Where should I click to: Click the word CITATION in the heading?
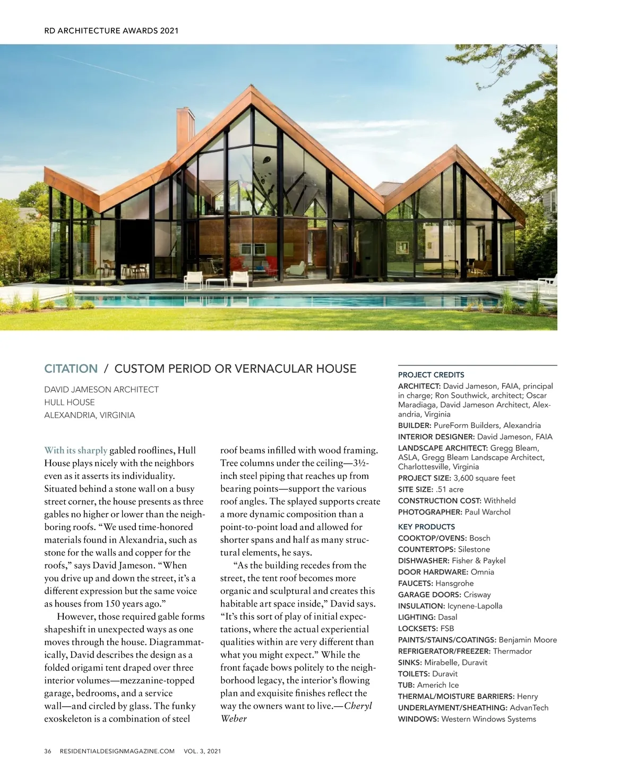pyautogui.click(x=71, y=369)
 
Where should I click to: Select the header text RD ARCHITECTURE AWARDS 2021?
pyautogui.click(x=111, y=30)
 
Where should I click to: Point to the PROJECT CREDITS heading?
pyautogui.click(x=431, y=375)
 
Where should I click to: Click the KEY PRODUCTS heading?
pyautogui.click(x=426, y=527)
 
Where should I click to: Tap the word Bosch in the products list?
pyautogui.click(x=480, y=538)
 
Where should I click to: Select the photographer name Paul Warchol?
pyautogui.click(x=487, y=512)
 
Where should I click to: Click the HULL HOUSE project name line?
pyautogui.click(x=70, y=402)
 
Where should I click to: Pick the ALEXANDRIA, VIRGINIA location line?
pyautogui.click(x=90, y=415)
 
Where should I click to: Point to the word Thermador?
pyautogui.click(x=512, y=651)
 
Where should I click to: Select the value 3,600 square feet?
pyautogui.click(x=484, y=478)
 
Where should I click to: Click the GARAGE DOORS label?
pyautogui.click(x=429, y=595)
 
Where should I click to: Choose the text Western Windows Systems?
pyautogui.click(x=488, y=719)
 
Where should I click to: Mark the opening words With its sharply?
pyautogui.click(x=76, y=450)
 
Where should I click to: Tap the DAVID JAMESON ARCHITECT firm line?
pyautogui.click(x=101, y=389)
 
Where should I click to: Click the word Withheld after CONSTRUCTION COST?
pyautogui.click(x=500, y=501)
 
